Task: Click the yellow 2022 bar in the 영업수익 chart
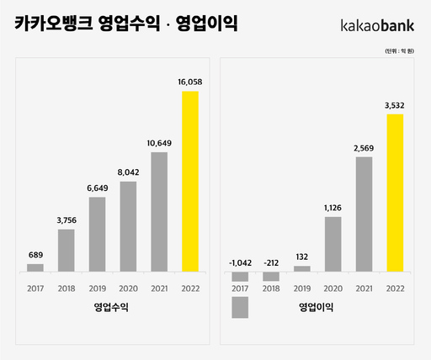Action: pyautogui.click(x=190, y=181)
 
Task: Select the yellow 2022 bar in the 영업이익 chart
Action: pyautogui.click(x=395, y=193)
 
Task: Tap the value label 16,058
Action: pyautogui.click(x=190, y=82)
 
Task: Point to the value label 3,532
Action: pyautogui.click(x=395, y=105)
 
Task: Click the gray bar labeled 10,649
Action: pyautogui.click(x=159, y=211)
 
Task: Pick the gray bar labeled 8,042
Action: pyautogui.click(x=128, y=226)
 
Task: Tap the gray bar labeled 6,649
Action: pyautogui.click(x=98, y=234)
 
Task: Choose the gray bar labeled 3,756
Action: pyautogui.click(x=67, y=250)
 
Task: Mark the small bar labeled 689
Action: pyautogui.click(x=35, y=267)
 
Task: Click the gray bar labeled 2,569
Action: pyautogui.click(x=364, y=214)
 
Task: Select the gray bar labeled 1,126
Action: pyautogui.click(x=333, y=244)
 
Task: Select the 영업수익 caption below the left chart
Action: pyautogui.click(x=112, y=308)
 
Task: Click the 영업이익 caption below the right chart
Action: pyautogui.click(x=317, y=308)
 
